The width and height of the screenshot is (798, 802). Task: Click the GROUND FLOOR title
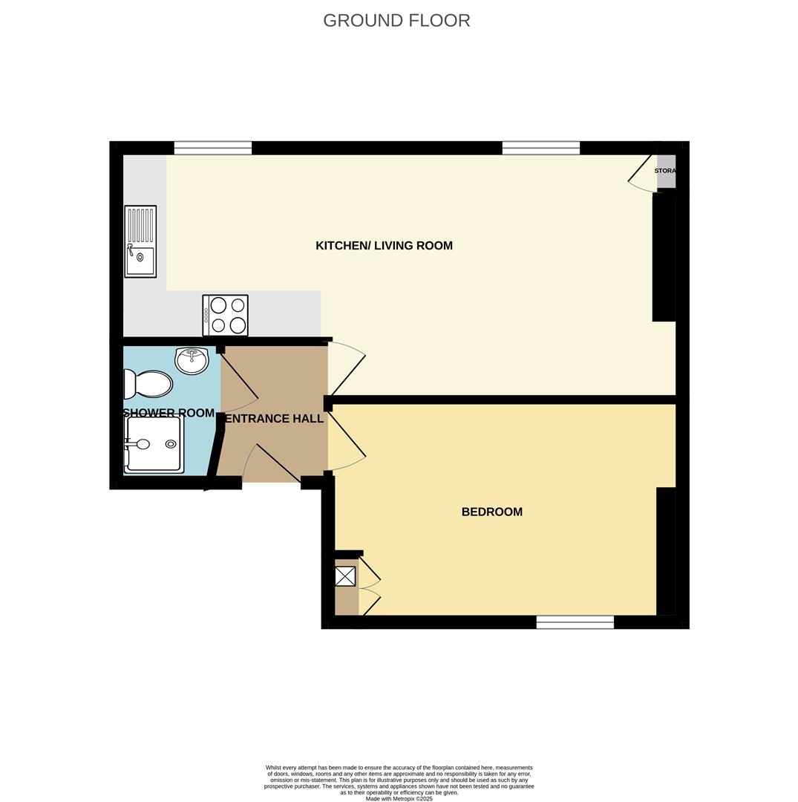coord(396,21)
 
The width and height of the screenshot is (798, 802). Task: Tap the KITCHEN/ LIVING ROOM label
coord(384,246)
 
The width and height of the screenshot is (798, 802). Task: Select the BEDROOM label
coord(491,512)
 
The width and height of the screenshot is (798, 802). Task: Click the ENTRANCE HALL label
coord(274,419)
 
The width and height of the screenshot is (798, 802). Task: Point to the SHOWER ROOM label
coord(169,413)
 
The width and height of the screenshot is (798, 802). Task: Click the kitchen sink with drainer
coord(140,241)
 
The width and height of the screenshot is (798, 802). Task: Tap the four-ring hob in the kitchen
coord(226,315)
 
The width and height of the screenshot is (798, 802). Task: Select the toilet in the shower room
coord(149,384)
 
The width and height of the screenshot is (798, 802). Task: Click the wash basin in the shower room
coord(192,360)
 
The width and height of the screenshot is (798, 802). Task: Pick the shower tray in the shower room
coord(154,444)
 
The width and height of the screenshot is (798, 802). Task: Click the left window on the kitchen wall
coord(213,148)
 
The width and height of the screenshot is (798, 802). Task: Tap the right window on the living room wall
coord(540,148)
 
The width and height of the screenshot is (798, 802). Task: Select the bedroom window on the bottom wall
coord(575,622)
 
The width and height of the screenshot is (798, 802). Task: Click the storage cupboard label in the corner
coord(665,171)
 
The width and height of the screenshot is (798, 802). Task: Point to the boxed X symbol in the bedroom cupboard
coord(345,576)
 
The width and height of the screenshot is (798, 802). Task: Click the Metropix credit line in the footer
coord(399,798)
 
